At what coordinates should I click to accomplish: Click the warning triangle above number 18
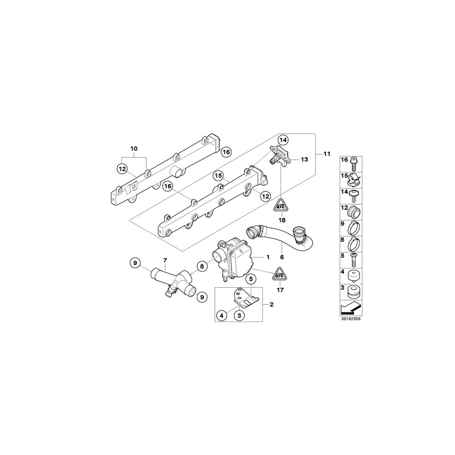tap(282, 206)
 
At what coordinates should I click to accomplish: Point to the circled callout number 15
tap(218, 176)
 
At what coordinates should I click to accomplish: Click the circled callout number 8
tap(201, 266)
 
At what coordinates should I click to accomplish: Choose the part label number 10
tap(133, 149)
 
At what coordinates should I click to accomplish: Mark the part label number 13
tap(303, 159)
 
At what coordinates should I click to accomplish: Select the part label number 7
tap(164, 260)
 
